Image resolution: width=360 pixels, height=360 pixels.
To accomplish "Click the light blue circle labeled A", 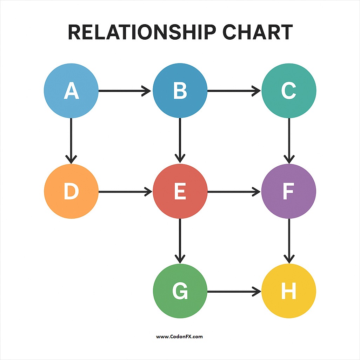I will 71,91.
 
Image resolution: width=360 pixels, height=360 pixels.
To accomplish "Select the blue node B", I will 180,91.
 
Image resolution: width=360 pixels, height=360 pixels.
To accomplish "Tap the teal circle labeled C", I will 289,91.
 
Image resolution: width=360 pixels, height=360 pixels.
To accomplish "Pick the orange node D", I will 71,192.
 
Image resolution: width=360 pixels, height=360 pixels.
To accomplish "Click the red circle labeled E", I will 180,192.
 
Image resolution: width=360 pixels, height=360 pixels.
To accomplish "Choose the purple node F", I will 289,192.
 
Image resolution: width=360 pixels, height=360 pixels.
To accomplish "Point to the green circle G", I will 180,291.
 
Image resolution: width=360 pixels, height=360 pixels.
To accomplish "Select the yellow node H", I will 289,291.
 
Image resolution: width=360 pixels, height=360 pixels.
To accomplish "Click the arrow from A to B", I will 125,91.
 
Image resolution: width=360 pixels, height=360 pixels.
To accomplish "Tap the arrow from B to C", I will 234,91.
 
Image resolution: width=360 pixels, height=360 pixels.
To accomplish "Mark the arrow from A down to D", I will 71,140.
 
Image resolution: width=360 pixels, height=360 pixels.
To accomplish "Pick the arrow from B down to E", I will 180,140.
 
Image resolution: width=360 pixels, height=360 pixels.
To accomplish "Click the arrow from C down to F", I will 289,140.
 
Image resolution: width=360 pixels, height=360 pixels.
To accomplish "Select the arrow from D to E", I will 125,192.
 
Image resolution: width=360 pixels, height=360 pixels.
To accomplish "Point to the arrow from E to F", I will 234,192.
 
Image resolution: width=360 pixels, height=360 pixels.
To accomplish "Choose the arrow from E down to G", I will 180,241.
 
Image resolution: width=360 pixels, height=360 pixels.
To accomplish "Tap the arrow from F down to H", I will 289,241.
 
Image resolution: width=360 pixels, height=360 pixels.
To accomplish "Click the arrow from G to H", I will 234,291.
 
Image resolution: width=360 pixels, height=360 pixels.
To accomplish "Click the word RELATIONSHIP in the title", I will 142,32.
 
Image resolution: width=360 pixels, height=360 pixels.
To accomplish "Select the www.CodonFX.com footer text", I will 179,336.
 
